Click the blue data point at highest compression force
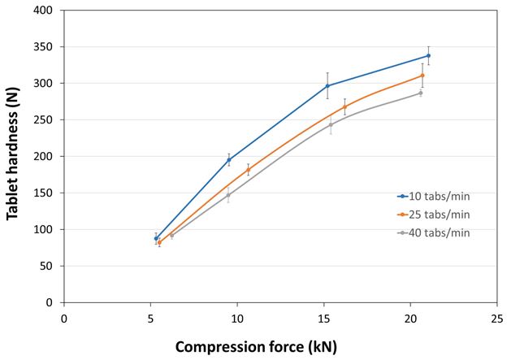pyautogui.click(x=428, y=56)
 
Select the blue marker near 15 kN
pyautogui.click(x=327, y=85)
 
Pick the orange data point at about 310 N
pyautogui.click(x=422, y=76)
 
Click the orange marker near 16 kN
pyautogui.click(x=344, y=106)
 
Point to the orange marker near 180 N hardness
pyautogui.click(x=248, y=170)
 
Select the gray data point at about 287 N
pyautogui.click(x=421, y=93)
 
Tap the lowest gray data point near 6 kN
pyautogui.click(x=171, y=235)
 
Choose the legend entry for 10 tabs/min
pyautogui.click(x=434, y=196)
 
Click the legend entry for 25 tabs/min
pyautogui.click(x=434, y=214)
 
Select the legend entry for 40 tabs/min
pyautogui.click(x=434, y=232)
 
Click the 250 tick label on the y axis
pyautogui.click(x=47, y=119)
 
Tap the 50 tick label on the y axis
pyautogui.click(x=50, y=266)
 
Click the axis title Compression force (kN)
pyautogui.click(x=256, y=346)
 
